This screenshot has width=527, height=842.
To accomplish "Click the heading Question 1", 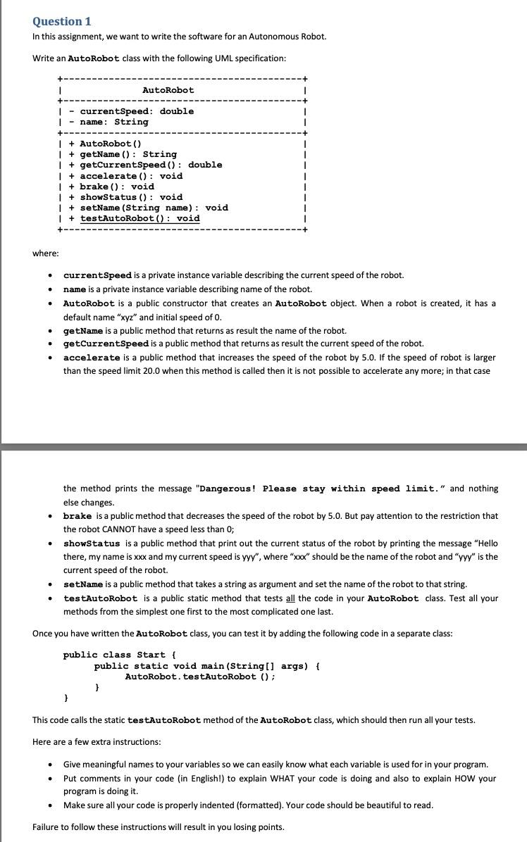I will tap(62, 21).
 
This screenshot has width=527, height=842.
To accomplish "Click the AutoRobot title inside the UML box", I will tap(168, 90).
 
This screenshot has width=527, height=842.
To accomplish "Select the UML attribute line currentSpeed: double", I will tap(137, 111).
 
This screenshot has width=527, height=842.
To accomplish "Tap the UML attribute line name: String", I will tap(114, 122).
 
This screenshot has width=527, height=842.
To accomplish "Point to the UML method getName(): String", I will tap(128, 154).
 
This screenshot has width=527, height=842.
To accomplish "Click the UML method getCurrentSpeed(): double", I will tap(151, 165).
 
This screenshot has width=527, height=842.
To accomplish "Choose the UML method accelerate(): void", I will tap(131, 176).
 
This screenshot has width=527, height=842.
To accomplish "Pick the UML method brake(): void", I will tap(117, 187).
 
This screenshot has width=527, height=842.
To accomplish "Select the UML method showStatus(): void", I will tap(131, 197).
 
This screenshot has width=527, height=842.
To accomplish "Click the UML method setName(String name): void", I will tap(154, 208).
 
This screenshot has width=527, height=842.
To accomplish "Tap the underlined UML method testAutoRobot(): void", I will tap(139, 218).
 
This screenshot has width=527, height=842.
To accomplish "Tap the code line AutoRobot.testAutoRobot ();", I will tap(200, 677).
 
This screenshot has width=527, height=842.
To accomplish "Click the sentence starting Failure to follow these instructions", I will tap(159, 827).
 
